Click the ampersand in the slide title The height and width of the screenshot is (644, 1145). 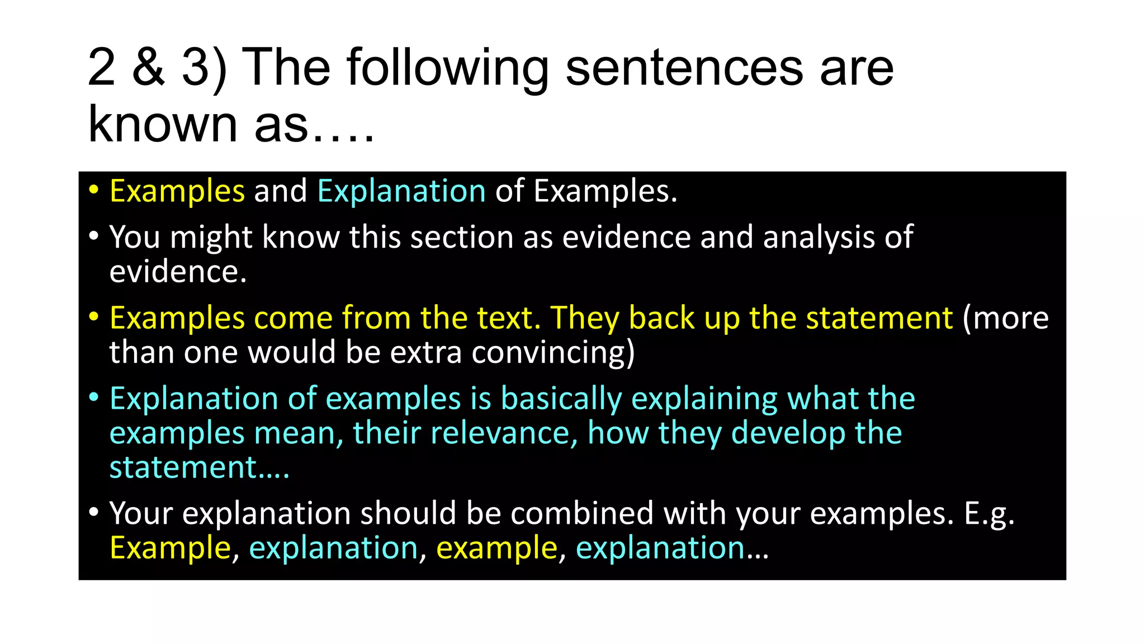click(x=149, y=68)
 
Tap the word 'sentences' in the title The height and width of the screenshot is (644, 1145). click(x=684, y=68)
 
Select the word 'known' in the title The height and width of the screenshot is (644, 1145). click(x=163, y=124)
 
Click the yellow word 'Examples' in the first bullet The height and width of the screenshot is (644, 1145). click(x=177, y=192)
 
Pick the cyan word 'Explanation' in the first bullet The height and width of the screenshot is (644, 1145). click(x=401, y=192)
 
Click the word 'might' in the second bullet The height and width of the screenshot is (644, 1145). click(x=211, y=238)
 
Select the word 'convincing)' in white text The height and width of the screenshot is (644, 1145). click(x=553, y=353)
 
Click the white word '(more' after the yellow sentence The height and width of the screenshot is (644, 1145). click(x=1005, y=318)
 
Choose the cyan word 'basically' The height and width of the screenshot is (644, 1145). click(x=561, y=399)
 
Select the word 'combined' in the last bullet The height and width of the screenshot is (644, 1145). click(x=581, y=513)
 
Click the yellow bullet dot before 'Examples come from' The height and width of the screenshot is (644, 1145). click(x=94, y=316)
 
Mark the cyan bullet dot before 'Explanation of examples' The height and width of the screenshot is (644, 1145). click(x=94, y=397)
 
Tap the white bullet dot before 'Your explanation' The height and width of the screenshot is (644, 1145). click(x=94, y=512)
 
